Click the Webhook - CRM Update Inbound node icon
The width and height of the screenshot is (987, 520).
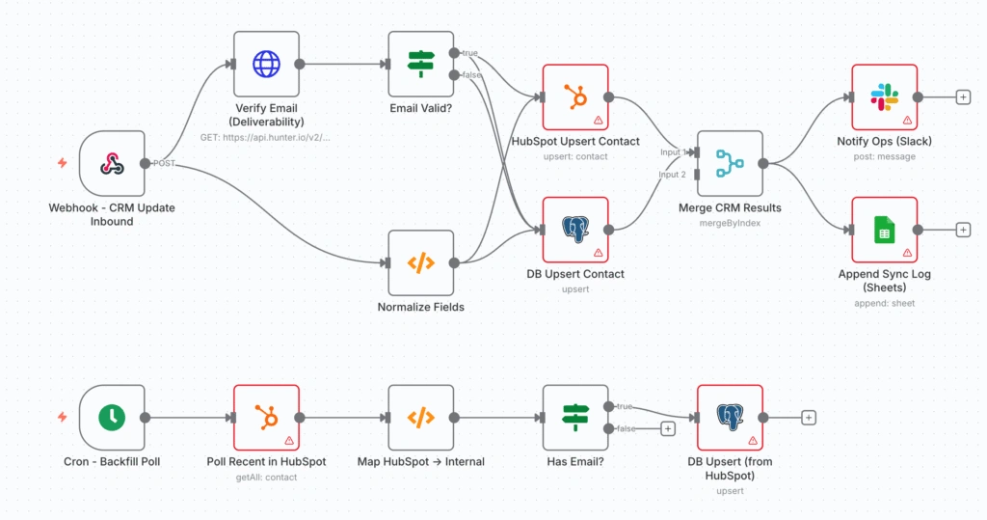tap(112, 163)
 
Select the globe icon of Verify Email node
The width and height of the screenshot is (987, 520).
tap(266, 64)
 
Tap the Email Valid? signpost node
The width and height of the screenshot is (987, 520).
tap(420, 64)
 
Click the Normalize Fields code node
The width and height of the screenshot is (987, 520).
tap(420, 262)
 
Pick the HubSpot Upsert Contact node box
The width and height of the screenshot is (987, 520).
tap(574, 96)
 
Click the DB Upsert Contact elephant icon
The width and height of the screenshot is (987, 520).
tap(574, 230)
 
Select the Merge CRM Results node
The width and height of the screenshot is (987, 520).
tap(730, 163)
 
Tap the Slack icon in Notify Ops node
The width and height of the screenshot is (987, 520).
tap(884, 96)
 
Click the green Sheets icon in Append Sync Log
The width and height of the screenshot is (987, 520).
tap(884, 230)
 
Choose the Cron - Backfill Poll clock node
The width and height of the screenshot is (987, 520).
tap(112, 418)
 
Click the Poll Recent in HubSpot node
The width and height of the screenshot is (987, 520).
tap(266, 418)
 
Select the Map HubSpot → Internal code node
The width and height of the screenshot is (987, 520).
tap(420, 418)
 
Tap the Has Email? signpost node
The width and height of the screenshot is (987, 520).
tap(574, 418)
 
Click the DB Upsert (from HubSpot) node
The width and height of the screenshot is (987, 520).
tap(730, 418)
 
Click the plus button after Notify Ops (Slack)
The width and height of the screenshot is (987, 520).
tap(962, 97)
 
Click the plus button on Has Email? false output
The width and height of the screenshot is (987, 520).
tap(667, 429)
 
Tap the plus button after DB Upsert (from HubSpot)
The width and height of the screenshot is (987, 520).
tap(809, 418)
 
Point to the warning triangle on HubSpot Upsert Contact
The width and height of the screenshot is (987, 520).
tap(598, 121)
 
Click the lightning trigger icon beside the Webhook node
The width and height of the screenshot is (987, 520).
tap(63, 163)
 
